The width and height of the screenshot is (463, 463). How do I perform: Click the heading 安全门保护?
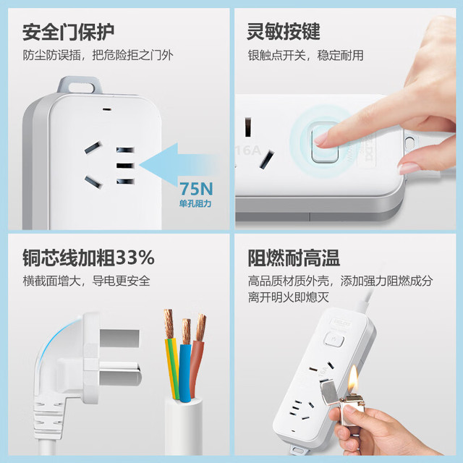coord(68,32)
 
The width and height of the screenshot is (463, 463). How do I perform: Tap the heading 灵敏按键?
coord(284,31)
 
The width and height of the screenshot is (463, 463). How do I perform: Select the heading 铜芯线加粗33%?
coord(88,258)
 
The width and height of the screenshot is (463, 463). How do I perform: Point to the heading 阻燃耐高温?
coord(294,258)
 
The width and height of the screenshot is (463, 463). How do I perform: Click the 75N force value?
coord(196,189)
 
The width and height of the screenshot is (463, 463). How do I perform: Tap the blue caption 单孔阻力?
coord(195,203)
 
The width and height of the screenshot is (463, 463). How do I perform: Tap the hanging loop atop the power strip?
coord(80,85)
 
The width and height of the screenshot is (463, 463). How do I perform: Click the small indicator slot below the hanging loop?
coord(107,109)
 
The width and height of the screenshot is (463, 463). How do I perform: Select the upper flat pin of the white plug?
coord(119,338)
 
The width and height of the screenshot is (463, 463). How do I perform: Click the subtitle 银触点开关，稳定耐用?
coord(305,55)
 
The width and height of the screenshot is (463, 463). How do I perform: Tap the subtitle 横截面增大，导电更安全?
coord(87,281)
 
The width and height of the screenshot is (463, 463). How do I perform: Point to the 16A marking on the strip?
coord(247,150)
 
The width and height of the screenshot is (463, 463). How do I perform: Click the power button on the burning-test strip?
coord(334,339)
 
